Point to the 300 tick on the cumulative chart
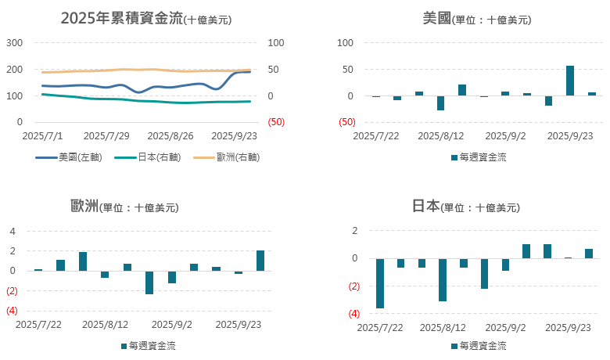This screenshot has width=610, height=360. [15, 43]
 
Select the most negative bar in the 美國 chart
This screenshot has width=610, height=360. [440, 103]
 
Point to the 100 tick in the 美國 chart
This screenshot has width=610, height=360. [346, 43]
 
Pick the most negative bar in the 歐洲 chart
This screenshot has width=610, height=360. [149, 283]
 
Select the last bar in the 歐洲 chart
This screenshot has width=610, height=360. [260, 261]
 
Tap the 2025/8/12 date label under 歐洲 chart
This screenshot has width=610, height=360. [105, 323]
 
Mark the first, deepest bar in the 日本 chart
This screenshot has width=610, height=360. [380, 283]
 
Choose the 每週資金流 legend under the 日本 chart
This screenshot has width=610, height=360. [478, 345]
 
